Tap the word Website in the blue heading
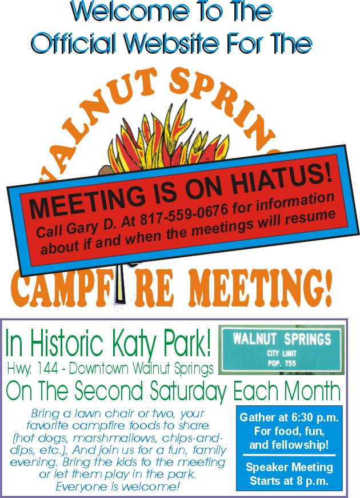171,43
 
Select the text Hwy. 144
33,369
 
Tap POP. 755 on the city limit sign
282,363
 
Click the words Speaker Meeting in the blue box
289,467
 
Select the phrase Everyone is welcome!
118,486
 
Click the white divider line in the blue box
289,455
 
